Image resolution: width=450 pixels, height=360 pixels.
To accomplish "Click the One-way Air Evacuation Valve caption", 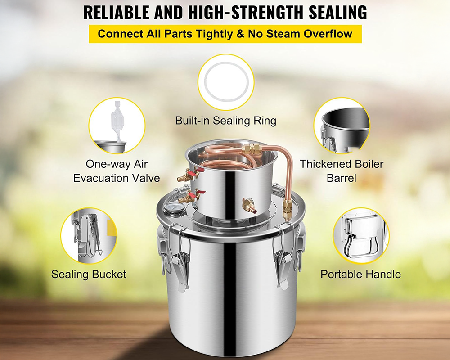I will tap(117, 171).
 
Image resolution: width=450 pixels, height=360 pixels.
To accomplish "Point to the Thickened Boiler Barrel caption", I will tap(342, 171).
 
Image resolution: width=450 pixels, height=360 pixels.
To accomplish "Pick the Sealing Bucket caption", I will tap(89, 274).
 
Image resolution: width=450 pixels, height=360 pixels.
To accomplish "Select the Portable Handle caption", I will tap(360, 274).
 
